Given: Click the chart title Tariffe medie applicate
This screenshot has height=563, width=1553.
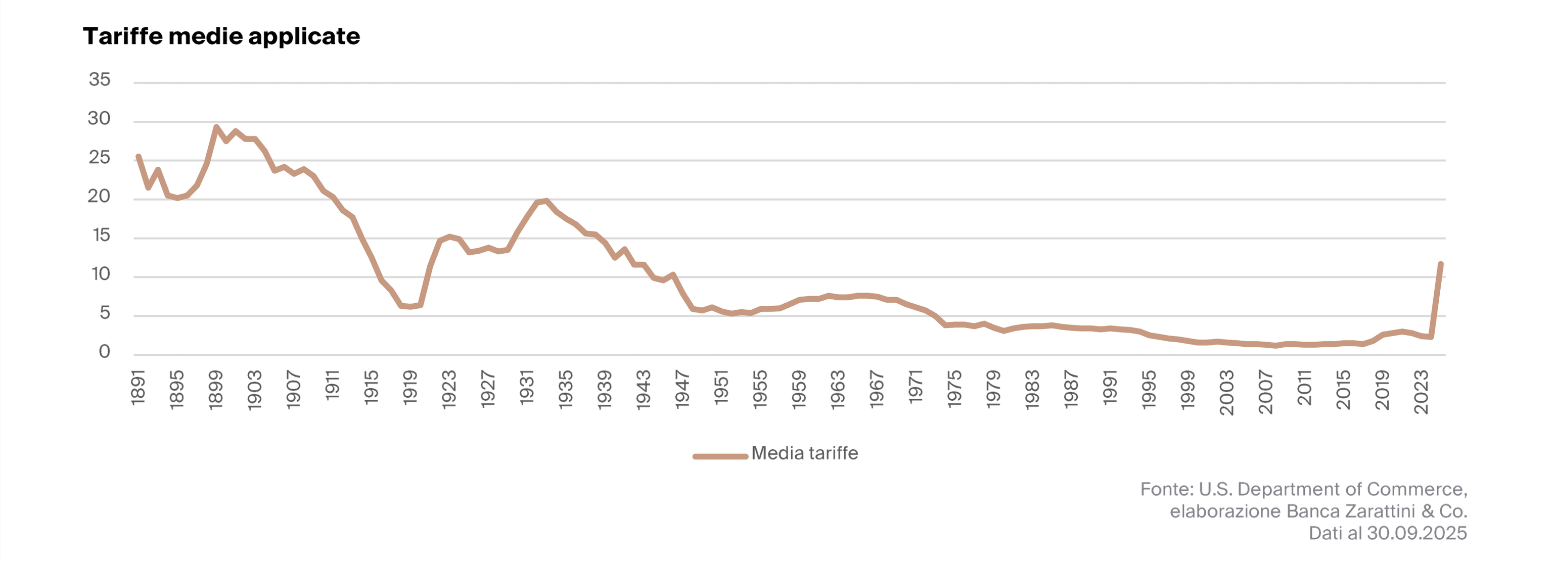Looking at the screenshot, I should tap(221, 36).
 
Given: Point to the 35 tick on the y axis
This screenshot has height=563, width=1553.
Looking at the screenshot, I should tap(100, 79).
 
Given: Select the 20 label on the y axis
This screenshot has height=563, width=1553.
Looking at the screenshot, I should tap(100, 196).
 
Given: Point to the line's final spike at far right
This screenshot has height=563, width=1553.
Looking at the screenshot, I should tap(1440, 264).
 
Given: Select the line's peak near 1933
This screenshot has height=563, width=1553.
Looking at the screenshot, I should tap(546, 200).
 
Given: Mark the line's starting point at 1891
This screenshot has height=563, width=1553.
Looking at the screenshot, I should tap(139, 156).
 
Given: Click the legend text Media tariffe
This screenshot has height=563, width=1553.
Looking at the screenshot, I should tap(804, 453).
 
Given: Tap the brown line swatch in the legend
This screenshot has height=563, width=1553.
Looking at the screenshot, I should tap(720, 456).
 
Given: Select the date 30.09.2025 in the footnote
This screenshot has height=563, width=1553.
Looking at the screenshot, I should tap(1416, 533).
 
